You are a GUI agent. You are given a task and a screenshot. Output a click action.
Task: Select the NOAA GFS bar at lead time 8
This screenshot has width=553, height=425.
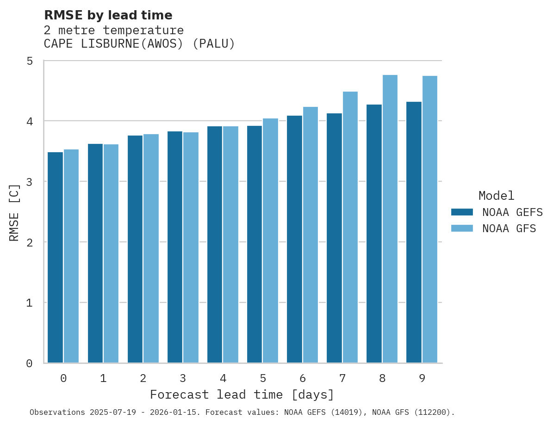click(x=390, y=219)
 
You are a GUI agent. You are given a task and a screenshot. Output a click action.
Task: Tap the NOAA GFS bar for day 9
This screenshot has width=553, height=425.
click(x=430, y=220)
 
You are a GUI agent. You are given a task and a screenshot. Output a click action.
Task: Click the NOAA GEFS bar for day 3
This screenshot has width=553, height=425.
click(x=175, y=247)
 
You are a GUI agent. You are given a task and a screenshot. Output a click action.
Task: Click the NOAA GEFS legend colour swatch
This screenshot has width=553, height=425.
click(x=462, y=212)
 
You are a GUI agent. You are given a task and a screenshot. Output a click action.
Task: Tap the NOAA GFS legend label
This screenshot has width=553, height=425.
click(x=509, y=228)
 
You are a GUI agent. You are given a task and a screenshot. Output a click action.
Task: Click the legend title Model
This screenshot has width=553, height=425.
click(x=496, y=196)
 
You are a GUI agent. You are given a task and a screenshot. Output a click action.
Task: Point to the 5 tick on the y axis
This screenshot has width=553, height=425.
click(x=29, y=61)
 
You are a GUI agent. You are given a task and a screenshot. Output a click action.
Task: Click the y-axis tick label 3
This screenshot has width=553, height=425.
click(x=29, y=182)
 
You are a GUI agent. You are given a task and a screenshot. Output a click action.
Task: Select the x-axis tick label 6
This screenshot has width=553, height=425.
click(x=303, y=378)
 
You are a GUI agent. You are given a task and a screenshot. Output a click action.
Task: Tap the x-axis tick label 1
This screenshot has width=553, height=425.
click(x=103, y=378)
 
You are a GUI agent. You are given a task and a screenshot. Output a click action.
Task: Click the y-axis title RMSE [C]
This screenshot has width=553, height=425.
click(x=15, y=212)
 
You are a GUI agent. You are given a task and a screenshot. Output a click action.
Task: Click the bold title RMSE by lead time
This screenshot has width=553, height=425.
click(x=108, y=15)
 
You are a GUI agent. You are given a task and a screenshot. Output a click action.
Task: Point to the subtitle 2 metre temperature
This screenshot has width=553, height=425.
click(x=113, y=31)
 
